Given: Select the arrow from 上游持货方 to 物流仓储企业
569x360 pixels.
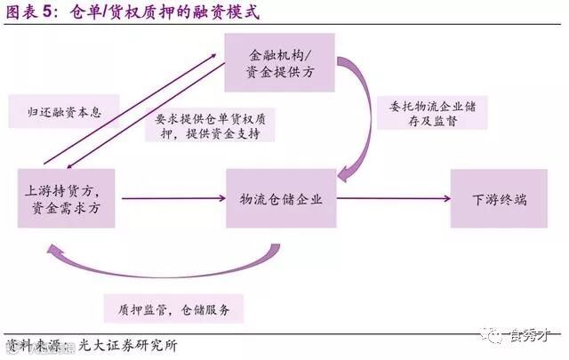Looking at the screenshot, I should pyautogui.click(x=172, y=198).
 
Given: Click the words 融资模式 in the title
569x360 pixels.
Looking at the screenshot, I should pyautogui.click(x=219, y=13).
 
